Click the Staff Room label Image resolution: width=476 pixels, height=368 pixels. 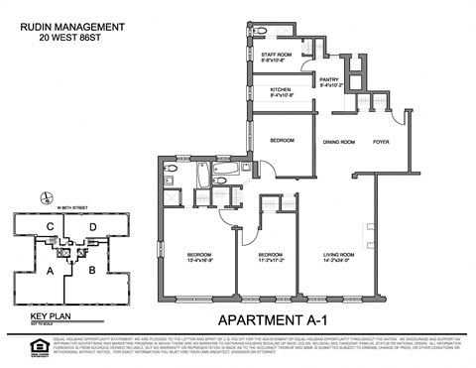(275, 57)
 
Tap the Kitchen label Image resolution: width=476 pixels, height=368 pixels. (282, 94)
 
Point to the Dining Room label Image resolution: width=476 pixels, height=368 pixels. (339, 141)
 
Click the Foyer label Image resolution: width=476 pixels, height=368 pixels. (382, 141)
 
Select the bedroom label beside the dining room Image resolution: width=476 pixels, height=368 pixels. (282, 141)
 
